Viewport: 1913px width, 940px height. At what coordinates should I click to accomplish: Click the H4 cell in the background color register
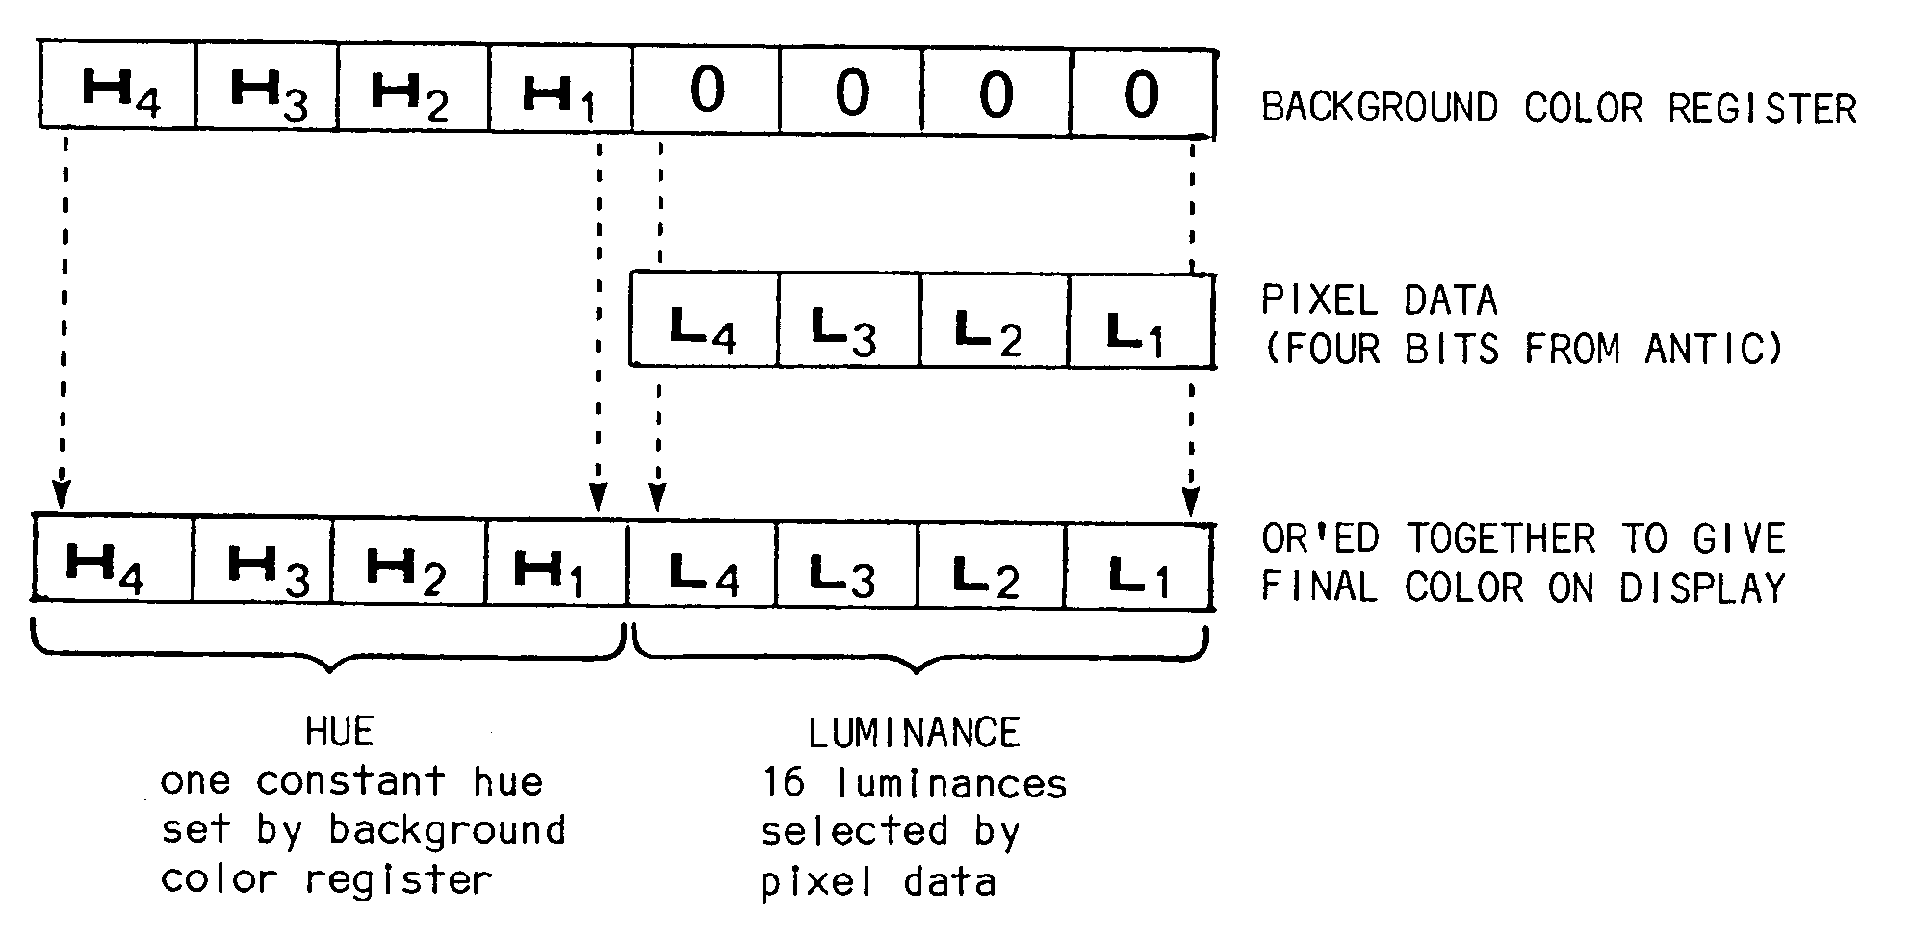coord(118,90)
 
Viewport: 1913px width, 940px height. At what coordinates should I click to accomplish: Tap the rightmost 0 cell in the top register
coord(1142,93)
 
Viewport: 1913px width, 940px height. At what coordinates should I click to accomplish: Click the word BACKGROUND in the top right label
coord(1379,108)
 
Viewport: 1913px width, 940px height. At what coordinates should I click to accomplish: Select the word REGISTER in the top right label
coord(1762,109)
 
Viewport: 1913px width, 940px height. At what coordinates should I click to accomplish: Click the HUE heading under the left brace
coord(339,733)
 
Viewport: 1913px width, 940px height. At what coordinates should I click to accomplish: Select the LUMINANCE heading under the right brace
coord(914,735)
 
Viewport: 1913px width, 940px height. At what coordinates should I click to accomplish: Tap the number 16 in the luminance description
coord(784,783)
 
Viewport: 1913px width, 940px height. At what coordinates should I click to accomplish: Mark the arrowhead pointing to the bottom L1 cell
coord(1191,502)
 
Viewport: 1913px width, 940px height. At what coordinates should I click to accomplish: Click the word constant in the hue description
coord(350,781)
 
